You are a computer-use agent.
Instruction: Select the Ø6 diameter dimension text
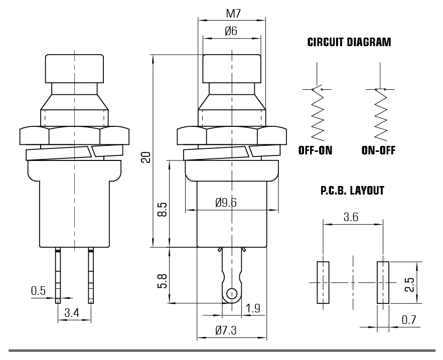[x=231, y=31]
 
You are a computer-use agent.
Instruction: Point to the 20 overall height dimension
[x=146, y=157]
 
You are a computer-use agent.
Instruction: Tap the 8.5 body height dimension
[x=162, y=209]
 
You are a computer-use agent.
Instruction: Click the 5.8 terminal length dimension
[x=162, y=281]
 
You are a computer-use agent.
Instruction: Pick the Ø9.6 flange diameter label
[x=226, y=203]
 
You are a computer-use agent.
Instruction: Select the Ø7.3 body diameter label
[x=226, y=330]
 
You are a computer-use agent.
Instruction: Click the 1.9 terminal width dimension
[x=252, y=308]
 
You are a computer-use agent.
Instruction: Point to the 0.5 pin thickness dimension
[x=38, y=291]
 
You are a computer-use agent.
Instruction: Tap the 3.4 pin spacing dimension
[x=72, y=313]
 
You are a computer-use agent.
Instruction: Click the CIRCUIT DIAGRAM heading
[x=349, y=42]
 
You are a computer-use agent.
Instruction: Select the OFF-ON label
[x=315, y=150]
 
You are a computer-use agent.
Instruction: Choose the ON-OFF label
[x=378, y=150]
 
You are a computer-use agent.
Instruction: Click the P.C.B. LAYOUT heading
[x=352, y=191]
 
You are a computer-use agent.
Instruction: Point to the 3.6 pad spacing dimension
[x=351, y=217]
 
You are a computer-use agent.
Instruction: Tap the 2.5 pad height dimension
[x=409, y=285]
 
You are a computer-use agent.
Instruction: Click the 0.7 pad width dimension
[x=409, y=320]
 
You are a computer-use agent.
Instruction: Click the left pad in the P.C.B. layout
[x=323, y=282]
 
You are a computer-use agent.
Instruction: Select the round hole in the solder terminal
[x=232, y=294]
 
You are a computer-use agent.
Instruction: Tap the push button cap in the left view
[x=74, y=69]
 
